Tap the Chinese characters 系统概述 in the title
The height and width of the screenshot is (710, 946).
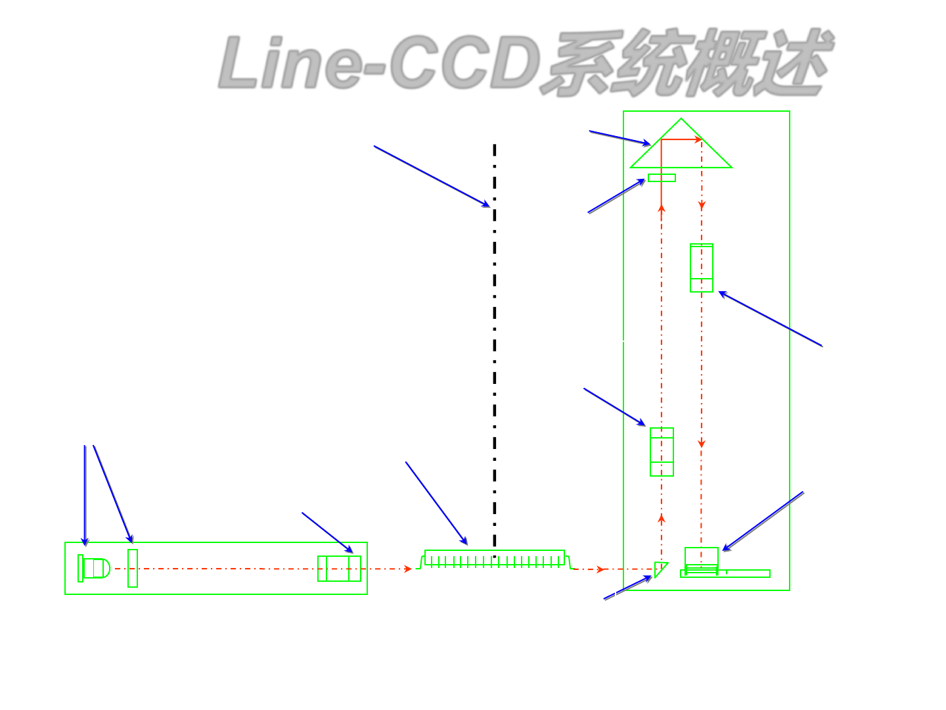[687, 63]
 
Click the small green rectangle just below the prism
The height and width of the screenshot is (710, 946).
[662, 177]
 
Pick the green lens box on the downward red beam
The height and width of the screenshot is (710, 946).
[702, 268]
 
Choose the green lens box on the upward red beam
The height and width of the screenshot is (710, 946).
[662, 452]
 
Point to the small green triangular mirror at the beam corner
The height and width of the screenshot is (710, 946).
[660, 569]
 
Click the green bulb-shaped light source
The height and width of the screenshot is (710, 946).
[96, 568]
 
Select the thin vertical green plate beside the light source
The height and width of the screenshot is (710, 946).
[133, 568]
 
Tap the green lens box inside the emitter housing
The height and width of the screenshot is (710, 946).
[339, 569]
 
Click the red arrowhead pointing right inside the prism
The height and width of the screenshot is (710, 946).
[698, 139]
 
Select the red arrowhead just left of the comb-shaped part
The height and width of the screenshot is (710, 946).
[408, 569]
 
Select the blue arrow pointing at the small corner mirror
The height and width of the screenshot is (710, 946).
[627, 588]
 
